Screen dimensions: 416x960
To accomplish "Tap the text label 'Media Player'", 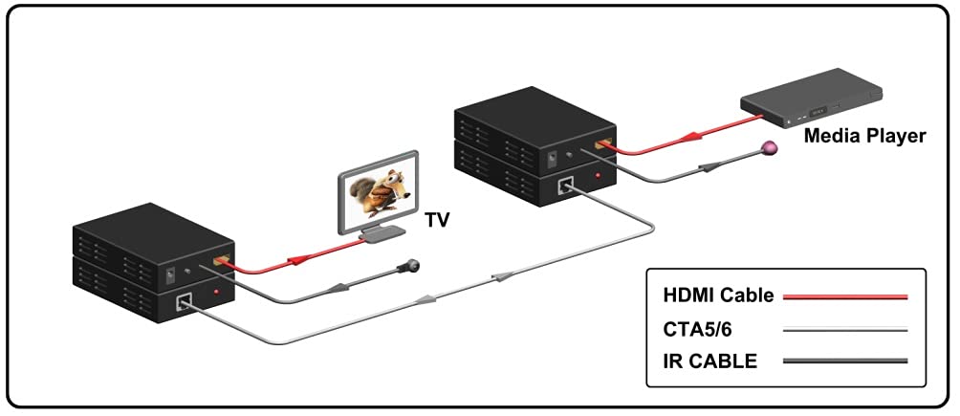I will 864,136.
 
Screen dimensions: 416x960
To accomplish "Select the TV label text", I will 438,221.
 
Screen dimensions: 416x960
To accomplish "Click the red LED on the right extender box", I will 599,176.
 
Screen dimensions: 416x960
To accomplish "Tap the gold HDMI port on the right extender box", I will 602,144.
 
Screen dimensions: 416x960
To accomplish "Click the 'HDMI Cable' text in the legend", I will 717,296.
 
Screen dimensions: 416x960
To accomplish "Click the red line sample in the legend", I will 845,296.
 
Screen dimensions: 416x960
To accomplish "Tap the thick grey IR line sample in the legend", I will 845,361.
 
